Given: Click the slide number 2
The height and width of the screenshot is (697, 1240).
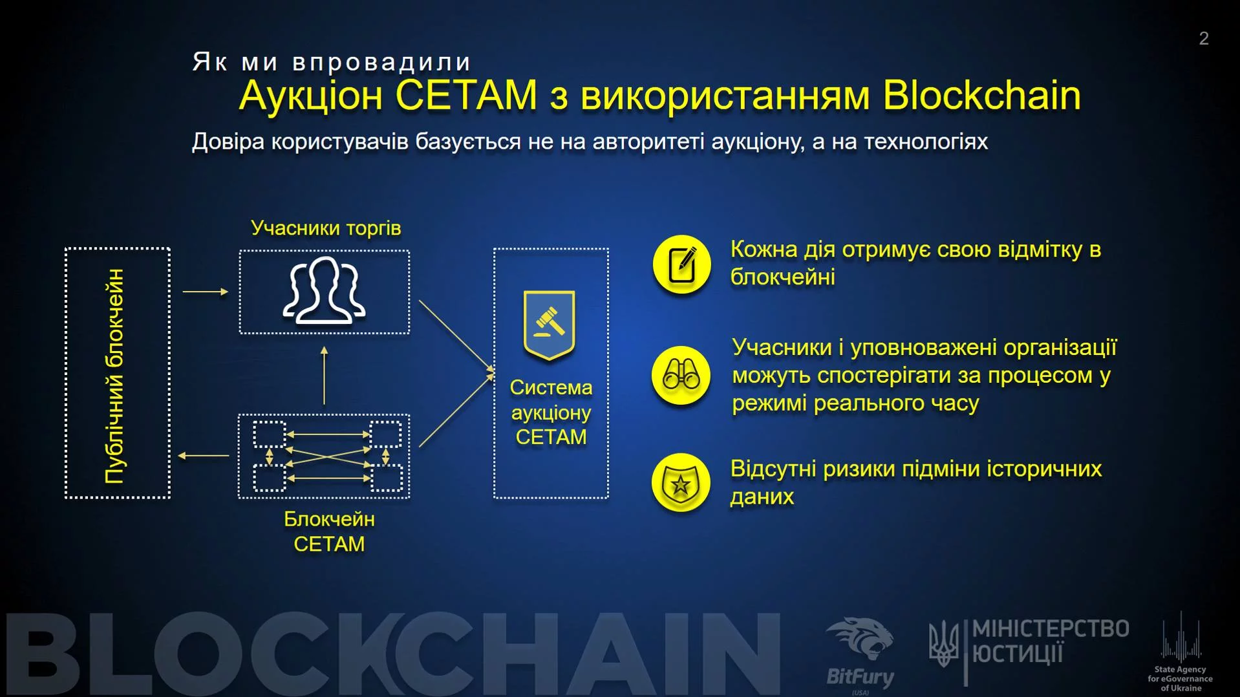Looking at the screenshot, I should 1203,39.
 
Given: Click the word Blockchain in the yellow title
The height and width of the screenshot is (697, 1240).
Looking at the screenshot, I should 981,96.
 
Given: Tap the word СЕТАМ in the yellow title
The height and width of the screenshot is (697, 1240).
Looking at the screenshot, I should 466,96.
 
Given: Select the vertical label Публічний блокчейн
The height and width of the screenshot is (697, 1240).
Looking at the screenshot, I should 115,375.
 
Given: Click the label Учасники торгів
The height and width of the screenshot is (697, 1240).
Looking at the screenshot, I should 326,228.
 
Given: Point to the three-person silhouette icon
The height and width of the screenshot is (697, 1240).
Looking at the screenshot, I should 324,290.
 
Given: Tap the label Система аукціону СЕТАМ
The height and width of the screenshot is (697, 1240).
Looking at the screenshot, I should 551,413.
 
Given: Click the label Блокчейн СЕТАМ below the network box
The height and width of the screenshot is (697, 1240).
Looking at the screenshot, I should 329,531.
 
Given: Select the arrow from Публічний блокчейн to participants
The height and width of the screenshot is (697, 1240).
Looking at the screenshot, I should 206,292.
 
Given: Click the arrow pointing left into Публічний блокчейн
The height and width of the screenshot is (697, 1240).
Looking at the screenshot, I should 203,456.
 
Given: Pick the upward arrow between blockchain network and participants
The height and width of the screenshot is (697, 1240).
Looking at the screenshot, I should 324,375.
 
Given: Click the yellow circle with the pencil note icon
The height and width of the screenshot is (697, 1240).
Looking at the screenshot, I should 681,264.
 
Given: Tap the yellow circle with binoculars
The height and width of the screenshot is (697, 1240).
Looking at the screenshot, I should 681,375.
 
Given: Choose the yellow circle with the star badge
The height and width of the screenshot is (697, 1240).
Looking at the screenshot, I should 681,483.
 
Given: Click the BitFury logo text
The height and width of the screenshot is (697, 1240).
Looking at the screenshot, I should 860,677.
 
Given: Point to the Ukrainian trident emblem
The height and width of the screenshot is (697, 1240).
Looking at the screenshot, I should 943,643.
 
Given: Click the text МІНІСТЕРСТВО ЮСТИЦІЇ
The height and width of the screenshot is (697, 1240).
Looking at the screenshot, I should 1050,641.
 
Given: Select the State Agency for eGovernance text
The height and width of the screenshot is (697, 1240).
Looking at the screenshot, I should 1180,678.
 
